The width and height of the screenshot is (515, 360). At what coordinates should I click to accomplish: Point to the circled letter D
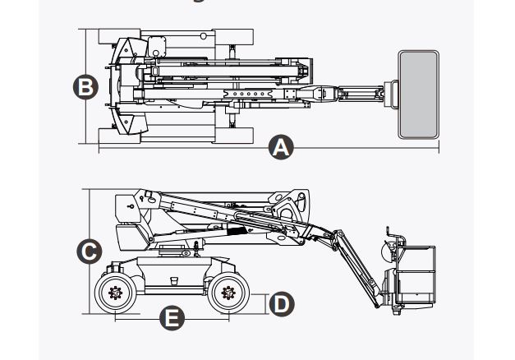(x=280, y=303)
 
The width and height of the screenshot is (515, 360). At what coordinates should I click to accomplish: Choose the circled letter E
(x=171, y=317)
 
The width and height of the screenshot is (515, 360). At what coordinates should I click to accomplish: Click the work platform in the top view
(x=418, y=95)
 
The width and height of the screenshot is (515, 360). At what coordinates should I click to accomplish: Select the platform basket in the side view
(x=416, y=275)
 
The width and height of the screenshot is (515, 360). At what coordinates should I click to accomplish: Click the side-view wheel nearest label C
(x=116, y=291)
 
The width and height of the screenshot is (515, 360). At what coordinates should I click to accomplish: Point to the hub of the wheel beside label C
(x=116, y=291)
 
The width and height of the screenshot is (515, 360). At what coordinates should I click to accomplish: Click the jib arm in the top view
(x=353, y=93)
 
